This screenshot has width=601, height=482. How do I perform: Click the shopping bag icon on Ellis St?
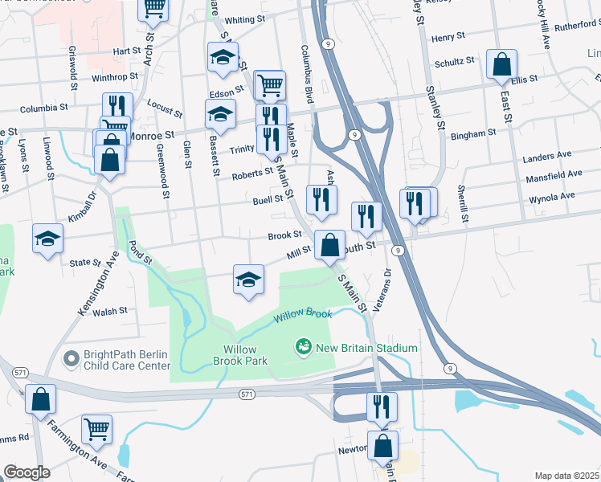coord(501,65)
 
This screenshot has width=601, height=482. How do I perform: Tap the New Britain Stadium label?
coord(366,348)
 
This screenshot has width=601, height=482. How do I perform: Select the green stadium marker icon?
coord(304,347)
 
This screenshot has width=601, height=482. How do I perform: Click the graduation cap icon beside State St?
coord(47,239)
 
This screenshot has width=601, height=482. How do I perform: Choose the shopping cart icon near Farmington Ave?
coord(96,429)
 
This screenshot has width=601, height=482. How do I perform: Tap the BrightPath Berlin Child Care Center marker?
coord(71,357)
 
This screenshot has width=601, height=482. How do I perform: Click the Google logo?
coord(27,472)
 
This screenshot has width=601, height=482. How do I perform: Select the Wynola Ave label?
coord(550,196)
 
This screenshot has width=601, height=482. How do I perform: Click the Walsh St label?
coord(110,311)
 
